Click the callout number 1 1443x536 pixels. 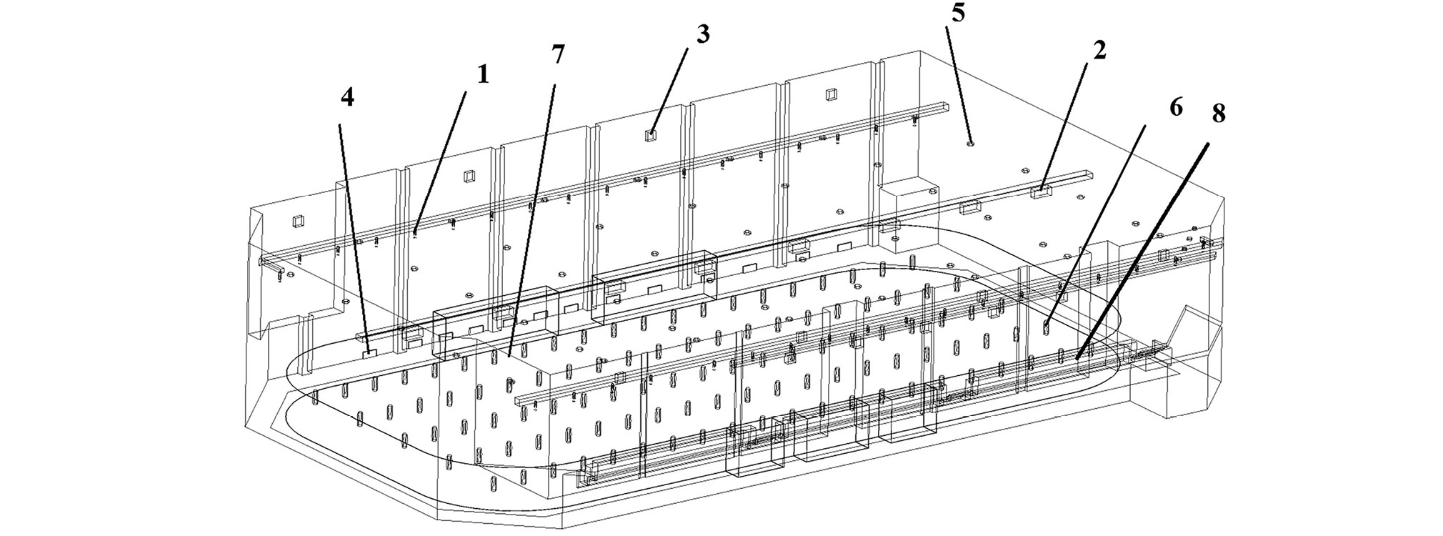click(484, 74)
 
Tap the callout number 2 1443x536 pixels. click(1099, 50)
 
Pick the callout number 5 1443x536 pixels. click(958, 15)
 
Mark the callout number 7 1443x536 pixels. click(558, 54)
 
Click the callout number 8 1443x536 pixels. click(1218, 114)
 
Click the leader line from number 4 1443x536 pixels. click(355, 236)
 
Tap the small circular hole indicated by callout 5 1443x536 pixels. click(969, 143)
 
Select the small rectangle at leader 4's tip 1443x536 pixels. click(369, 352)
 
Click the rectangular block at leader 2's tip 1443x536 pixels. click(1042, 192)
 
